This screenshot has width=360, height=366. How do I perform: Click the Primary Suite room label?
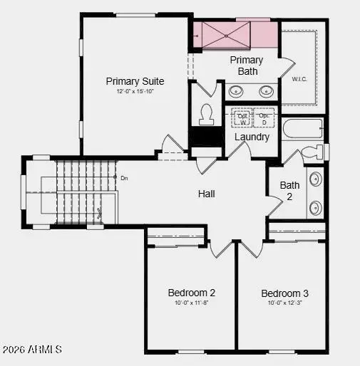[x=135, y=81]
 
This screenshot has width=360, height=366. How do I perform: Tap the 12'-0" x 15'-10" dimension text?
[x=135, y=92]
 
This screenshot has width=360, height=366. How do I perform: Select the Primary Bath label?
[x=247, y=66]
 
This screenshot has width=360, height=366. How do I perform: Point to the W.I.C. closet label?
[x=299, y=80]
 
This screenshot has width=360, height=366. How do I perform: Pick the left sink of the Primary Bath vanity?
[x=236, y=90]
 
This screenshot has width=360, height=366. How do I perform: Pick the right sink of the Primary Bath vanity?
[x=266, y=90]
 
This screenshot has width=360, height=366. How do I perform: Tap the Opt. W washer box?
[x=243, y=118]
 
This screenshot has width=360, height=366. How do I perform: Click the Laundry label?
[x=252, y=137]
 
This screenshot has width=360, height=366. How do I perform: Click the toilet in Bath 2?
[x=311, y=152]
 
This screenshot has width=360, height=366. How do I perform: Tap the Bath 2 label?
[x=289, y=190]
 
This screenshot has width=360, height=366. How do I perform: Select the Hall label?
[x=207, y=194]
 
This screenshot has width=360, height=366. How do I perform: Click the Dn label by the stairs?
[x=124, y=178]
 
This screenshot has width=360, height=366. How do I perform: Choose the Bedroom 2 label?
[x=192, y=293]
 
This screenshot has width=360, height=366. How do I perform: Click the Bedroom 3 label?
[x=284, y=293]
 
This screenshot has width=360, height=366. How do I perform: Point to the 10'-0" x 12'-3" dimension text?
[x=284, y=303]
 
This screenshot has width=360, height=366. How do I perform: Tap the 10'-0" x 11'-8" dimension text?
[x=192, y=303]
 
